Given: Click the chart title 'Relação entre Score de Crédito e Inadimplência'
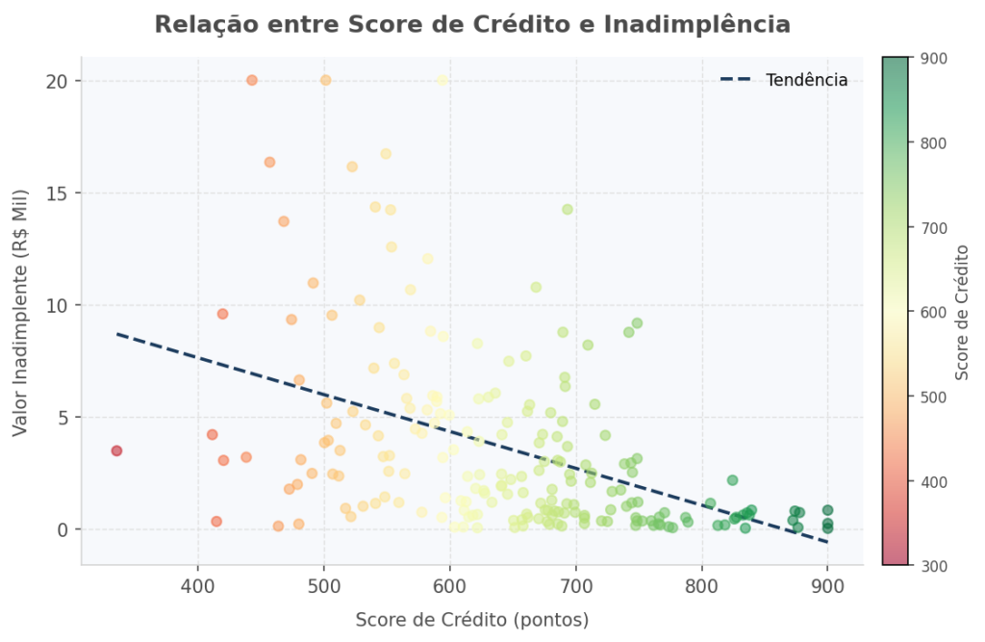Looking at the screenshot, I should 472,25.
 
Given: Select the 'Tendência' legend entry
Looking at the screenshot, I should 806,80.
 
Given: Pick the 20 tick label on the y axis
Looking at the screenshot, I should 57,80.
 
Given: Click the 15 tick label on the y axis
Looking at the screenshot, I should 57,193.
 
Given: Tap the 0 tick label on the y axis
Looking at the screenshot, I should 62,529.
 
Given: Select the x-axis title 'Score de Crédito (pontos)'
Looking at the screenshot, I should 472,620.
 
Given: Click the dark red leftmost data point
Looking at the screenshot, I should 116,450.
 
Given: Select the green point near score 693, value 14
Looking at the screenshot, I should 568,209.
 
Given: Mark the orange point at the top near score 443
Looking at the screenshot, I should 252,80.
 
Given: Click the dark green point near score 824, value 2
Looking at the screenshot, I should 732,479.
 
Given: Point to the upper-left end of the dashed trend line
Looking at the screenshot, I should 117,334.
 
